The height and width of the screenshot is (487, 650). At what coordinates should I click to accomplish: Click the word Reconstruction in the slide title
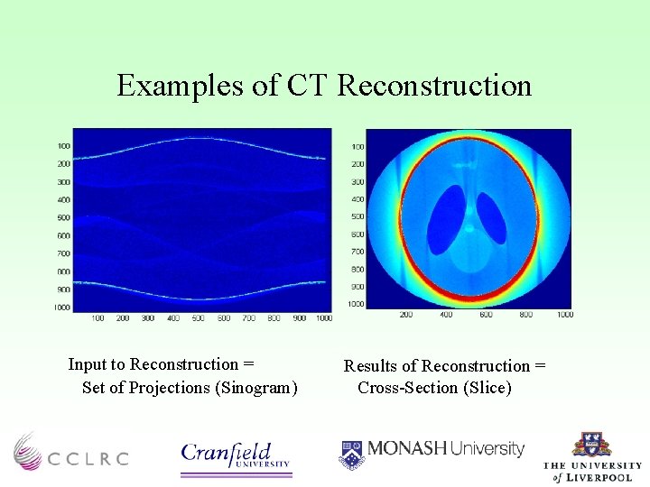(434, 86)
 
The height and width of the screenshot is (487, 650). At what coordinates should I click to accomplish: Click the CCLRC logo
(70, 450)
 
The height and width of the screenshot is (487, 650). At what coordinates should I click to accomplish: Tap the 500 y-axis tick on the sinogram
(63, 217)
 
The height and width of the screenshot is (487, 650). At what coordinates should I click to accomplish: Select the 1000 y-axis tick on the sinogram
(61, 308)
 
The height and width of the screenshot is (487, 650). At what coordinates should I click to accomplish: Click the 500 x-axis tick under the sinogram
(198, 318)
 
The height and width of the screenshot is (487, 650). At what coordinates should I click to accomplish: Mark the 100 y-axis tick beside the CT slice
(357, 146)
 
